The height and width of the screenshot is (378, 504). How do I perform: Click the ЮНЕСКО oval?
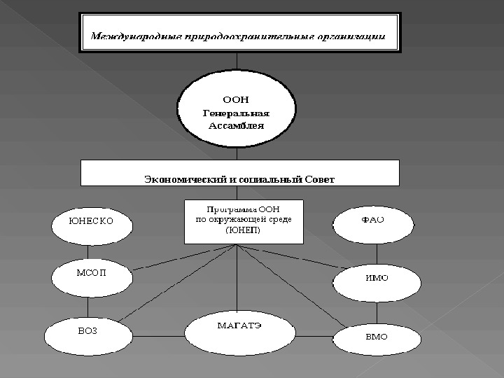click(x=92, y=223)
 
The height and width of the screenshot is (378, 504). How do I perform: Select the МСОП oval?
click(x=92, y=275)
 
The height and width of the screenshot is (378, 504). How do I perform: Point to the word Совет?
click(x=320, y=179)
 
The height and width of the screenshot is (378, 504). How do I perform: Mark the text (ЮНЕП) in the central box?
click(x=242, y=230)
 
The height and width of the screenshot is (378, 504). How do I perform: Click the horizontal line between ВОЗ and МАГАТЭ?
click(x=158, y=337)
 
